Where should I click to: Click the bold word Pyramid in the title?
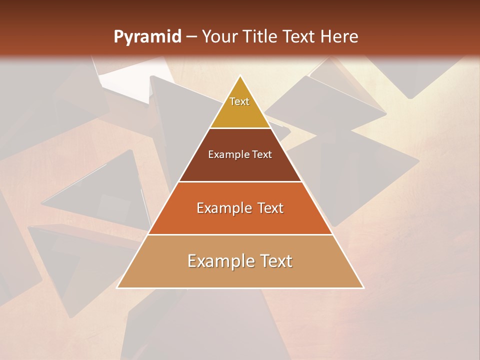(147, 37)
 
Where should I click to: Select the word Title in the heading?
(260, 37)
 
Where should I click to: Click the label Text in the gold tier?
(239, 101)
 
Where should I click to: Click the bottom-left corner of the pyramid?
(117, 287)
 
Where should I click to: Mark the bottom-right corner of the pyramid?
(363, 287)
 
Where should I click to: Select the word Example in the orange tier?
(223, 208)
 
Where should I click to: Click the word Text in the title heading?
(299, 37)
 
